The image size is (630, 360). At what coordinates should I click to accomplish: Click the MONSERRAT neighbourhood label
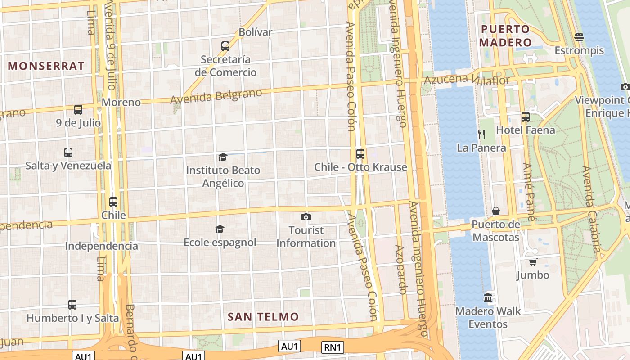pos(46,66)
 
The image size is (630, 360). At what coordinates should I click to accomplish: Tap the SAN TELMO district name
pos(263,317)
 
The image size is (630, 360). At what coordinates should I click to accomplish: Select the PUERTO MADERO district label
pos(506,36)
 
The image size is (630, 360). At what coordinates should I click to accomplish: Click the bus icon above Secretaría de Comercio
pos(225,46)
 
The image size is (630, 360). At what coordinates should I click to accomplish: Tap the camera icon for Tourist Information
pos(306,217)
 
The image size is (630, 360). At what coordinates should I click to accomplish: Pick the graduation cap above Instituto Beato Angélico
pos(223,157)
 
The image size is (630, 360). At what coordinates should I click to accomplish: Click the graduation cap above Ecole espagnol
pos(220,229)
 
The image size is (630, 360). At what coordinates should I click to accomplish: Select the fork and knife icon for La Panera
pos(481,134)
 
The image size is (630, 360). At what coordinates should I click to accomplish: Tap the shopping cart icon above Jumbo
pos(533,262)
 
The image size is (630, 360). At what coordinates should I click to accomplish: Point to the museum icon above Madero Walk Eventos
pos(488,298)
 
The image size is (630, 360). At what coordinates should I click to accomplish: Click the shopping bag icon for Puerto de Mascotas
pos(495,211)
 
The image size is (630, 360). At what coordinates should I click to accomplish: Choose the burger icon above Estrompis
pos(579,37)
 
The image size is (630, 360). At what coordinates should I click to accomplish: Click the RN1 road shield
pos(333,347)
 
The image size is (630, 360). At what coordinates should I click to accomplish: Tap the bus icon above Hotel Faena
pos(525,117)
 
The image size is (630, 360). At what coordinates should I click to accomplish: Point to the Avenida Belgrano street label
pos(216,97)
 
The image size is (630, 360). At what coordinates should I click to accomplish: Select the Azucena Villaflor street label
pos(467,80)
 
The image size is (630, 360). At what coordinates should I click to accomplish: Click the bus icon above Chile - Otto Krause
pos(360,154)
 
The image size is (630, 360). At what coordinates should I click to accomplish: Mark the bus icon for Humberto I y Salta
pos(72,305)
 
